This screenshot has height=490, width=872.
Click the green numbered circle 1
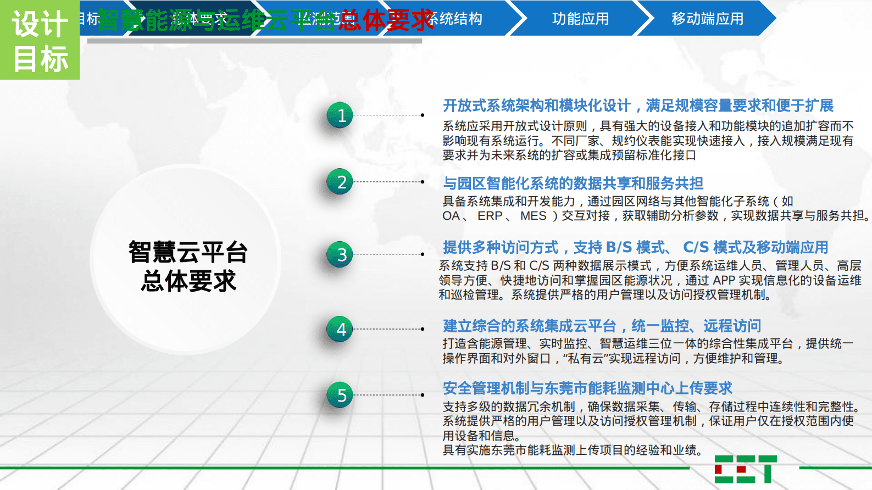[340, 115]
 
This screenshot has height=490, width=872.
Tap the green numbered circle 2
[340, 182]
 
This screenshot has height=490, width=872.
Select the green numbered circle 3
[340, 254]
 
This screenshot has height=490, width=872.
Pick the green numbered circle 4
[340, 329]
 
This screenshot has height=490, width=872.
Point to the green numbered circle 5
[340, 395]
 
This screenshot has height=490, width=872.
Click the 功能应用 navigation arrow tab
[580, 19]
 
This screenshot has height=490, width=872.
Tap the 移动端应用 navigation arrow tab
[707, 19]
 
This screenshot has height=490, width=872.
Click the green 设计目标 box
[40, 40]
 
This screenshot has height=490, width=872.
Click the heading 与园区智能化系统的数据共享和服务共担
[573, 183]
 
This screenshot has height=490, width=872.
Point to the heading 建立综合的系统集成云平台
[530, 326]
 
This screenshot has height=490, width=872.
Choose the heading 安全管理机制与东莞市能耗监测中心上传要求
[587, 388]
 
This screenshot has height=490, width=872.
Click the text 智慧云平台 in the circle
[188, 252]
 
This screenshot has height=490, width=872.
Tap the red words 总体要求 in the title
[386, 20]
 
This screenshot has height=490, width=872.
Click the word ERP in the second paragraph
[490, 216]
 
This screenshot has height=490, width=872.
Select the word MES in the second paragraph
[533, 216]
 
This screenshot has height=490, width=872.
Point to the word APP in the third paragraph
[724, 280]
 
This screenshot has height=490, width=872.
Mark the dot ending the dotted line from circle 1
[423, 115]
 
